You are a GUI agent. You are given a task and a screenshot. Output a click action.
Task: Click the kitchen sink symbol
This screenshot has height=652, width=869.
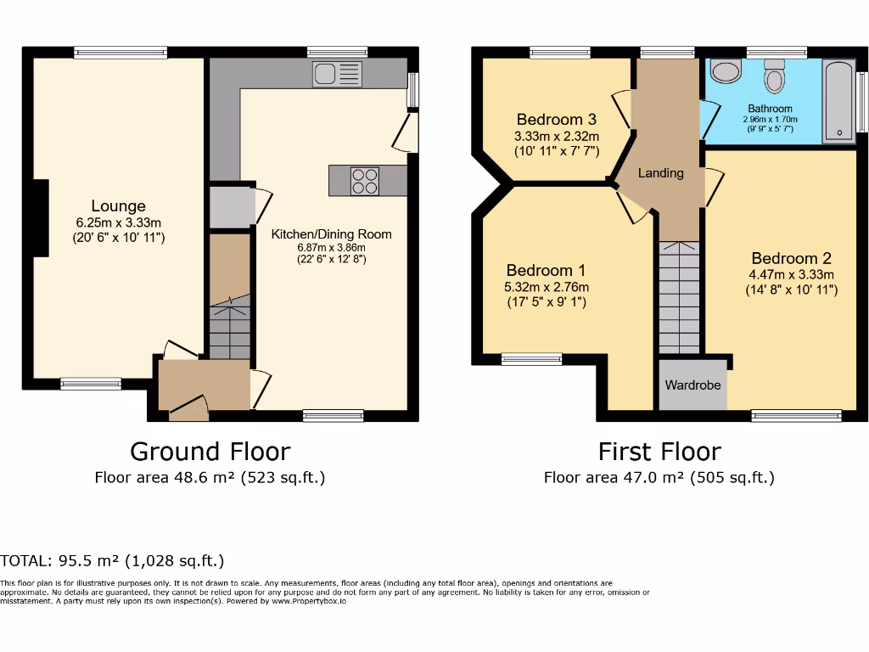pos(337,75)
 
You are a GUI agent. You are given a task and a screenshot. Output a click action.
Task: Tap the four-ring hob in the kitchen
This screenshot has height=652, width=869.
pos(366,181)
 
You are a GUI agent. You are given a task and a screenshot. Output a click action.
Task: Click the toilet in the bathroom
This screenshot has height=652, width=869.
pos(775,76)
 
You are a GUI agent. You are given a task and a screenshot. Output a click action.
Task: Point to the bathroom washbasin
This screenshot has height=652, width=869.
pos(726,71)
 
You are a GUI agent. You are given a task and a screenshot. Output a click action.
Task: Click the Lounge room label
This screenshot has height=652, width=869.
pos(119,206)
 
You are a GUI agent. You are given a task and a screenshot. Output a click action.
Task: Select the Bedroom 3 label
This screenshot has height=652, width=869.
pos(556,119)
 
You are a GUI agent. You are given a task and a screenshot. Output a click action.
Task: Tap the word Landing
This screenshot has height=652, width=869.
pos(660,173)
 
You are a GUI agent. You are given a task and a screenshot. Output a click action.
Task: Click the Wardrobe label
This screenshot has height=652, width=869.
pos(692,385)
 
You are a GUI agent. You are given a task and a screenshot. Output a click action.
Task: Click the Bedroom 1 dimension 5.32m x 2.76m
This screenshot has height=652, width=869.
pos(546,287)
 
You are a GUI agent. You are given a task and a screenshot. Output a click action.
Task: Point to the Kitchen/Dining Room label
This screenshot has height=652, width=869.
pos(331,234)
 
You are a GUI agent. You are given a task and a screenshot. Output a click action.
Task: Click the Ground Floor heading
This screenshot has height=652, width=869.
pos(210,451)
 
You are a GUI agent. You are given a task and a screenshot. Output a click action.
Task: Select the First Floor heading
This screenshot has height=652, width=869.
pos(659,451)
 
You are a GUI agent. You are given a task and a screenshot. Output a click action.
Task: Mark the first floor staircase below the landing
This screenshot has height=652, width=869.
pos(679,297)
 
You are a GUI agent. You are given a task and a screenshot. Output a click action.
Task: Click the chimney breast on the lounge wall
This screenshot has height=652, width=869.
pos(39,217)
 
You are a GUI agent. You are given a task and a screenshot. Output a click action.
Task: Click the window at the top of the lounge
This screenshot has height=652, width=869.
pos(120,53)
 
